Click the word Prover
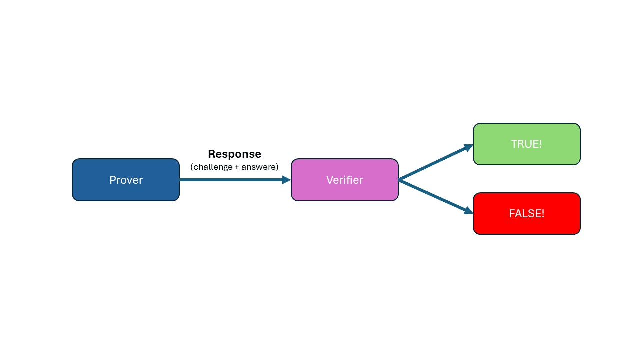pyautogui.click(x=126, y=180)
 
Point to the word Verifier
pyautogui.click(x=345, y=180)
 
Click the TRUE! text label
pyautogui.click(x=526, y=144)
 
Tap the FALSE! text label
pyautogui.click(x=526, y=214)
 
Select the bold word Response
pyautogui.click(x=234, y=154)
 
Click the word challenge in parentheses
pyautogui.click(x=213, y=167)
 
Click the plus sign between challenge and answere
pyautogui.click(x=237, y=167)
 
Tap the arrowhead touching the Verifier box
pyautogui.click(x=286, y=180)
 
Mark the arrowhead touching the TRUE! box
pyautogui.click(x=468, y=147)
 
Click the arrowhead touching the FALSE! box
pyautogui.click(x=468, y=211)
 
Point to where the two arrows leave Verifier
pyautogui.click(x=400, y=180)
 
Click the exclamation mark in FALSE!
pyautogui.click(x=542, y=214)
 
